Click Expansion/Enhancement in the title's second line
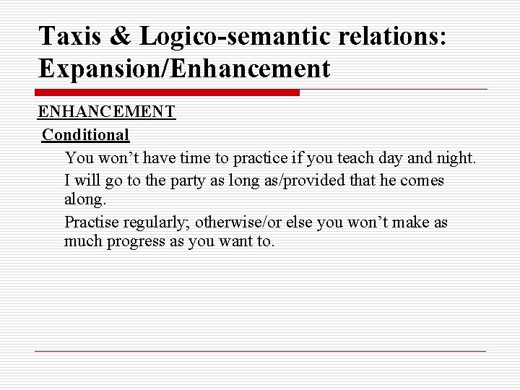click(184, 69)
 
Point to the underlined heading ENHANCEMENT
click(106, 112)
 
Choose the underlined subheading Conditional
click(86, 134)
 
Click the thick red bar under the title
click(168, 92)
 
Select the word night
click(455, 157)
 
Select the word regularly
click(153, 222)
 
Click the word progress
click(139, 241)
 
